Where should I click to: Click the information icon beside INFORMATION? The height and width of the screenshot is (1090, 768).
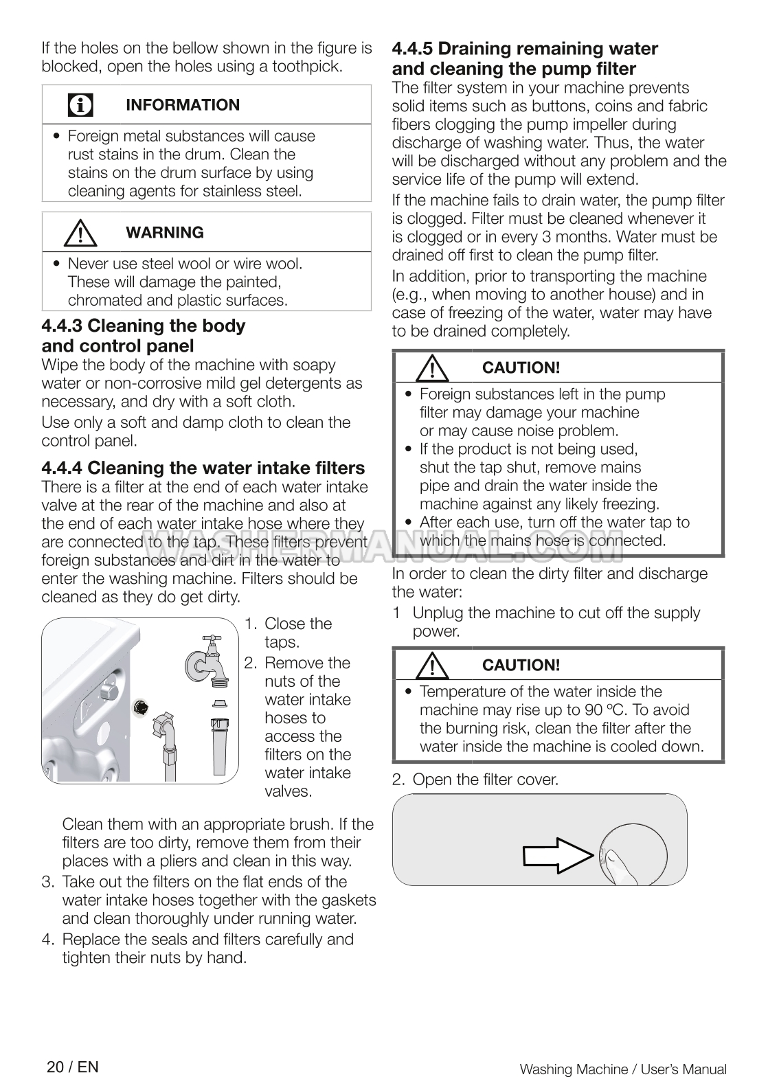[81, 105]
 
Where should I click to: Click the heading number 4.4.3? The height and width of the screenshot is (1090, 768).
[62, 326]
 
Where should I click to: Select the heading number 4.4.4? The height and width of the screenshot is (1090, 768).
[62, 468]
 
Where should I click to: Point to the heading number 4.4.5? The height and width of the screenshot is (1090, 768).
[412, 49]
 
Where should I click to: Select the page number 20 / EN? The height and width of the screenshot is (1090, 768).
[73, 1067]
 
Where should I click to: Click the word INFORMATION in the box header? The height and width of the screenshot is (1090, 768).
[183, 105]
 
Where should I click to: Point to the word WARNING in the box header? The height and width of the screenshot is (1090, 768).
[165, 233]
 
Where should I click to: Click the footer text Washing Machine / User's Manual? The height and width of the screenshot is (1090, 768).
[622, 1069]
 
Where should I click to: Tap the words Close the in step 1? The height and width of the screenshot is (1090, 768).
[297, 624]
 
